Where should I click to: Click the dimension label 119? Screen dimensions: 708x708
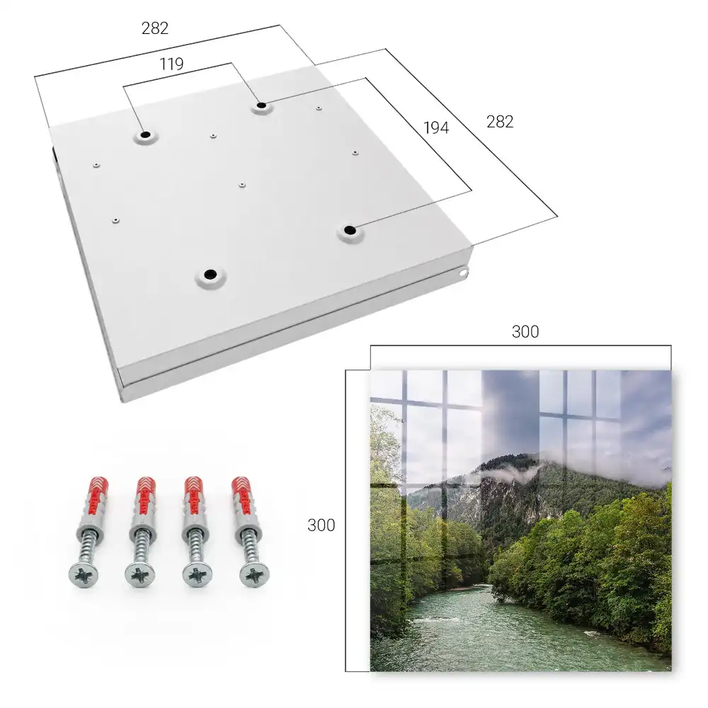pyautogui.click(x=171, y=64)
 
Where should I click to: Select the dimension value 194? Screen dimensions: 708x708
pyautogui.click(x=436, y=127)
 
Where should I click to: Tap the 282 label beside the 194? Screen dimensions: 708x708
pyautogui.click(x=500, y=122)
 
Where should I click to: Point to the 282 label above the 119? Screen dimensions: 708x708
pyautogui.click(x=155, y=28)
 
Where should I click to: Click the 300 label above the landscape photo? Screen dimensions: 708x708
pyautogui.click(x=525, y=331)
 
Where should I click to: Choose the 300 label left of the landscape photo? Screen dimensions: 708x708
pyautogui.click(x=321, y=525)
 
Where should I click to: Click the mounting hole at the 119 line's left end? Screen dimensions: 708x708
pyautogui.click(x=146, y=135)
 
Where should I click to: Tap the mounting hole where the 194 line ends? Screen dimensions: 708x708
pyautogui.click(x=350, y=231)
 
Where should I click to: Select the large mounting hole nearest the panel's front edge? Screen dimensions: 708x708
pyautogui.click(x=210, y=275)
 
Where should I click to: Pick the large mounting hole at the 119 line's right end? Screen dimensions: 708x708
pyautogui.click(x=261, y=106)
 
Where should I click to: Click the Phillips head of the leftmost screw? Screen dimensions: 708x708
pyautogui.click(x=84, y=575)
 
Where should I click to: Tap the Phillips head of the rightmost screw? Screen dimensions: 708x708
pyautogui.click(x=255, y=575)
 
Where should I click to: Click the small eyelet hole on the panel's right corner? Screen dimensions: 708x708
pyautogui.click(x=463, y=273)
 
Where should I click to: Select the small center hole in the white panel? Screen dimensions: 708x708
pyautogui.click(x=242, y=185)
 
